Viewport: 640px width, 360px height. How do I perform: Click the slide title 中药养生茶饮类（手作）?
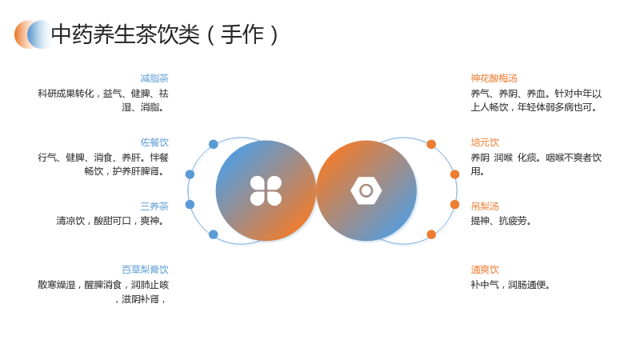(x=165, y=34)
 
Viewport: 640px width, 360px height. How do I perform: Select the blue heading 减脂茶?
(x=154, y=78)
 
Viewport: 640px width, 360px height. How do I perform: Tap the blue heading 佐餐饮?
(x=154, y=142)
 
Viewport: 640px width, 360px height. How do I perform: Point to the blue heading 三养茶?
(x=154, y=206)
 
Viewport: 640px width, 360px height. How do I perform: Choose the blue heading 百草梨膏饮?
(x=145, y=270)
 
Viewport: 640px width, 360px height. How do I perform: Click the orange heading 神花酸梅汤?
(x=494, y=78)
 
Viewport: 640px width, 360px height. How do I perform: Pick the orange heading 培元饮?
(x=485, y=142)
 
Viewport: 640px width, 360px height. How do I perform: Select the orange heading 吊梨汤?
(x=485, y=206)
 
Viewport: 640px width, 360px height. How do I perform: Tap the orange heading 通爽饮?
(x=485, y=270)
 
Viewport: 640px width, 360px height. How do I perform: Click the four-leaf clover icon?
(x=266, y=190)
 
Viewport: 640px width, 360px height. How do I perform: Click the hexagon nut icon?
(x=366, y=190)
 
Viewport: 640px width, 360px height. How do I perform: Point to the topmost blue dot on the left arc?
(x=214, y=144)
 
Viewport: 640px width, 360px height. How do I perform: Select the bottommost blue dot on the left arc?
(x=214, y=234)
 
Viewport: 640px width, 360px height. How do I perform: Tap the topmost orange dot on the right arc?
(x=431, y=144)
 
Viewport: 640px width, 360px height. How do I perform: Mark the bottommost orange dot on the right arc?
(x=431, y=234)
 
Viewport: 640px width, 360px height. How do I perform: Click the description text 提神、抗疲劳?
(x=501, y=222)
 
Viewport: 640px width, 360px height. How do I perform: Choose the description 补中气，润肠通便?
(x=510, y=285)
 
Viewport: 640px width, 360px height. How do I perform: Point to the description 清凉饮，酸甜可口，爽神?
(x=110, y=222)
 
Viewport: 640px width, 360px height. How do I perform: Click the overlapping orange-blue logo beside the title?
(x=34, y=34)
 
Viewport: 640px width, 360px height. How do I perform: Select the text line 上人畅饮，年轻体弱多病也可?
(x=534, y=107)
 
